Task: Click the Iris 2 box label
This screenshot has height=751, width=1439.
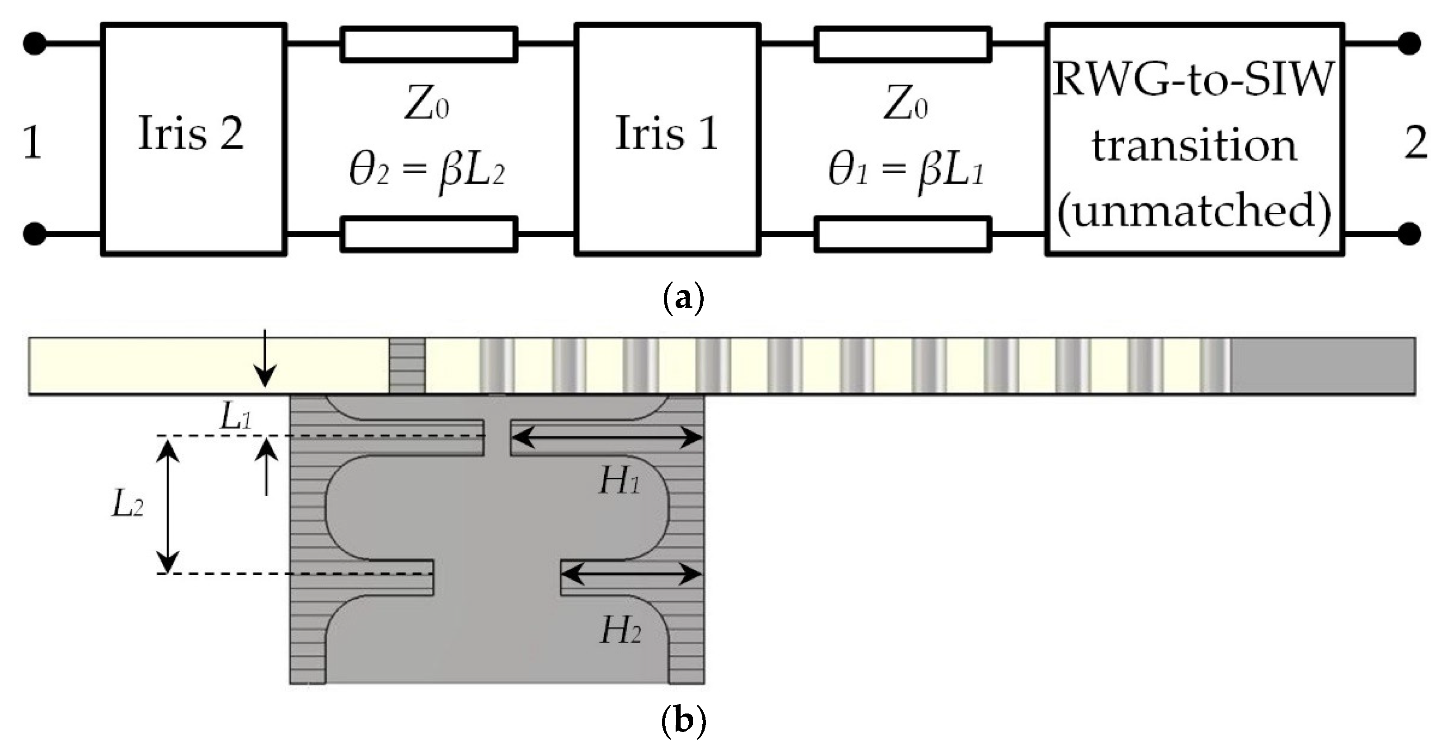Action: (191, 133)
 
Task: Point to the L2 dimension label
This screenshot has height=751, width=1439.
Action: (128, 506)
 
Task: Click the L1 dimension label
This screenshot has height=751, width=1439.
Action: (236, 417)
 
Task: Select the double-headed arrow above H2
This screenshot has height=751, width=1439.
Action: (631, 574)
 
